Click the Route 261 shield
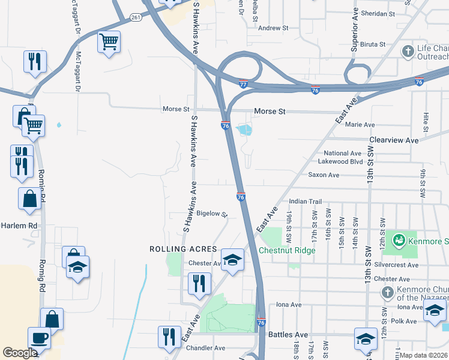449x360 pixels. [137, 17]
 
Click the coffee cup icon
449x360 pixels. [40, 337]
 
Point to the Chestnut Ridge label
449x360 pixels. [287, 250]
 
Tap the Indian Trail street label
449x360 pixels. [306, 202]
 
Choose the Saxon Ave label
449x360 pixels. [324, 175]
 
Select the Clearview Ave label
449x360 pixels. [394, 140]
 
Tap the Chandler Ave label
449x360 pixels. [205, 348]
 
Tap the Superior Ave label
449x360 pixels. [355, 30]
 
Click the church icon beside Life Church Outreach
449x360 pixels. [408, 51]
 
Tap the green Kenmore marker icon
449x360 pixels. [397, 241]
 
